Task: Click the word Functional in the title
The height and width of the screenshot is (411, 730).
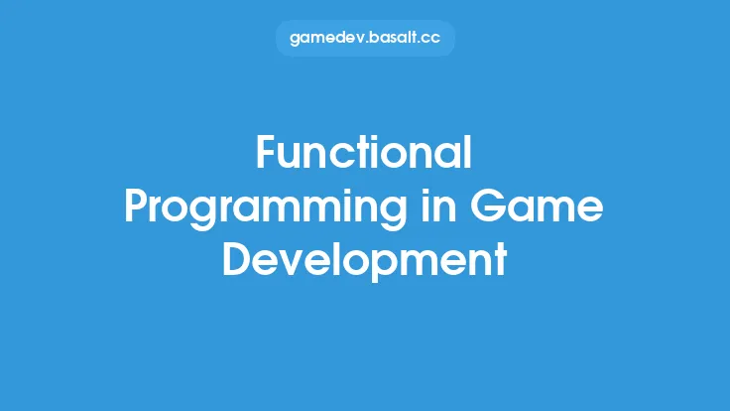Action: pyautogui.click(x=364, y=155)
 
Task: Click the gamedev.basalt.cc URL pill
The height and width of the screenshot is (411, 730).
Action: pyautogui.click(x=364, y=39)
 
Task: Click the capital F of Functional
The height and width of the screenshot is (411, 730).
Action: pyautogui.click(x=267, y=155)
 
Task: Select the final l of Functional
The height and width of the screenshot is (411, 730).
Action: pyautogui.click(x=468, y=153)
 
